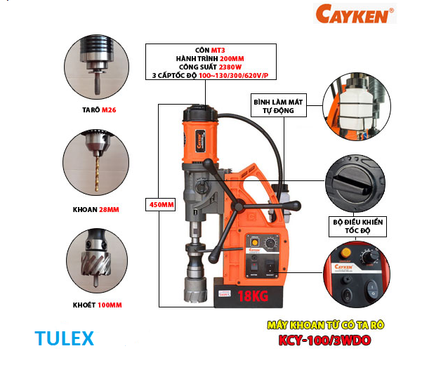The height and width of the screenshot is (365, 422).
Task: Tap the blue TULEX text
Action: pyautogui.click(x=64, y=338)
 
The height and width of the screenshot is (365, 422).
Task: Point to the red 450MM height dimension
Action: pyautogui.click(x=161, y=205)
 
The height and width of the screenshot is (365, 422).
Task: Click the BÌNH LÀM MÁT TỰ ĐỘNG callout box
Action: pyautogui.click(x=275, y=106)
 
